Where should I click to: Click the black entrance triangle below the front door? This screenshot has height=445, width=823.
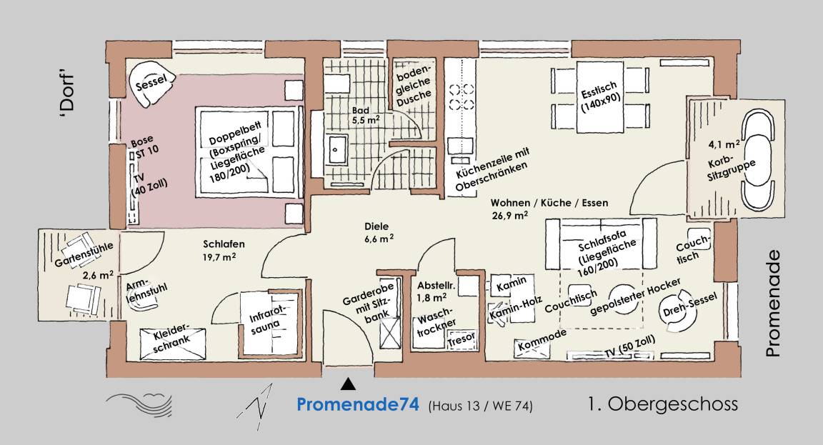pos(347,385)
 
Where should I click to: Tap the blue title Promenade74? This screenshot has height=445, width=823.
pos(357,404)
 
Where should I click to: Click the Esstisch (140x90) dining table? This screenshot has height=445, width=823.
pos(600,96)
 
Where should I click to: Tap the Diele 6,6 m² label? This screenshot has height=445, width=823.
pos(379,232)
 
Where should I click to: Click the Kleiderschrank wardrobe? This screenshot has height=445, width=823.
pos(172,344)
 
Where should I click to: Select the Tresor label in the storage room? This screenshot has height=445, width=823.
pos(462,339)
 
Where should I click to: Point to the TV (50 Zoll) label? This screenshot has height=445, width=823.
pos(629,346)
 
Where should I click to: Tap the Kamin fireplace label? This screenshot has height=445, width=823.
pos(511,284)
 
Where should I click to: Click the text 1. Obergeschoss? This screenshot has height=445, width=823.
pos(663,404)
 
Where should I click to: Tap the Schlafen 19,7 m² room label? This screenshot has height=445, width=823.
pos(224,250)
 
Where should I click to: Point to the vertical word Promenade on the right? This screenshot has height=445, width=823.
pos(773,304)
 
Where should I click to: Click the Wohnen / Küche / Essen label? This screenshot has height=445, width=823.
pos(549,203)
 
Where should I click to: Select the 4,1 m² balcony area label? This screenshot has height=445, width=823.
pos(724,144)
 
